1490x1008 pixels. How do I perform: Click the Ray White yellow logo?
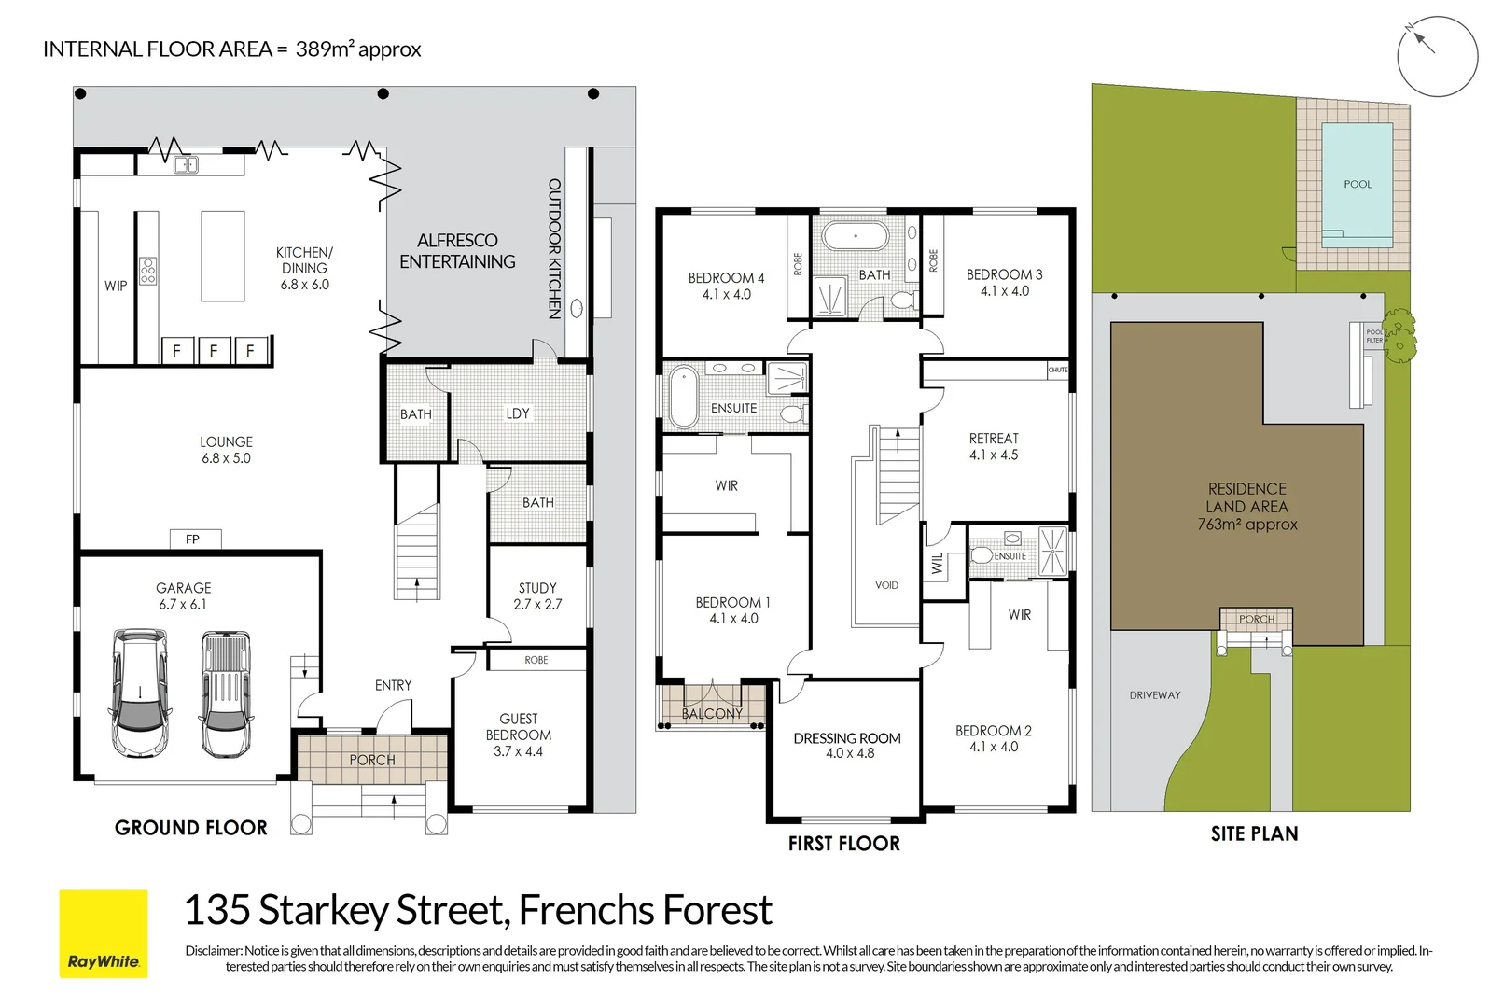(104, 933)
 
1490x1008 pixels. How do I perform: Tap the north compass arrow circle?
(1437, 56)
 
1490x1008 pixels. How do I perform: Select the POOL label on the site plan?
(1357, 185)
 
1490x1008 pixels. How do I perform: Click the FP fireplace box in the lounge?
(194, 539)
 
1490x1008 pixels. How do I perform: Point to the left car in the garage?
(140, 693)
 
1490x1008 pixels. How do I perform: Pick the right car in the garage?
(226, 693)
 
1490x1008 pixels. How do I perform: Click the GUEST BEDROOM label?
(519, 735)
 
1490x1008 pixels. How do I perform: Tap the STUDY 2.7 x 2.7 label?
(537, 595)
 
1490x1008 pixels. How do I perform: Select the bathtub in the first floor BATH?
(855, 236)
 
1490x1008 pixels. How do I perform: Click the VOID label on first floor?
(886, 585)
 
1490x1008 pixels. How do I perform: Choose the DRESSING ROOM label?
(847, 745)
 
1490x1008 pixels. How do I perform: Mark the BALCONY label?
(711, 714)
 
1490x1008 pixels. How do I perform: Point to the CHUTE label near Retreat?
(1057, 370)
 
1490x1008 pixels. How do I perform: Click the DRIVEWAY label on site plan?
(1154, 695)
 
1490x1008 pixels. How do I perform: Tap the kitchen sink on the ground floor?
(187, 165)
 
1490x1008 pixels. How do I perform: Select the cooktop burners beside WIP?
(148, 271)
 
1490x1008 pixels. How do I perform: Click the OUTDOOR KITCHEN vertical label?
(554, 249)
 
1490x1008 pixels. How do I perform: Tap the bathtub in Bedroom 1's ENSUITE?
(684, 397)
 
